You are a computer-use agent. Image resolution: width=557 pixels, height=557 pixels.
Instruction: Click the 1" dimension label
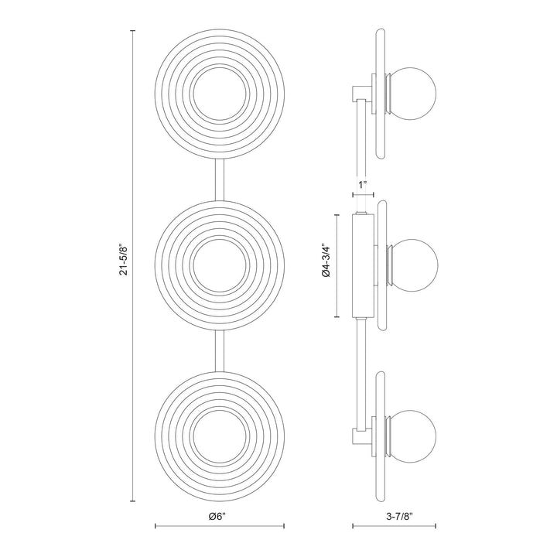(x=361, y=184)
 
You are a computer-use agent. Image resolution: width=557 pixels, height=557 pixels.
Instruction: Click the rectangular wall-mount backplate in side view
(x=362, y=265)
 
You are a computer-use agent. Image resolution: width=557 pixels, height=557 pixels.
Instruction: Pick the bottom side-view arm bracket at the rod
(x=361, y=437)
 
